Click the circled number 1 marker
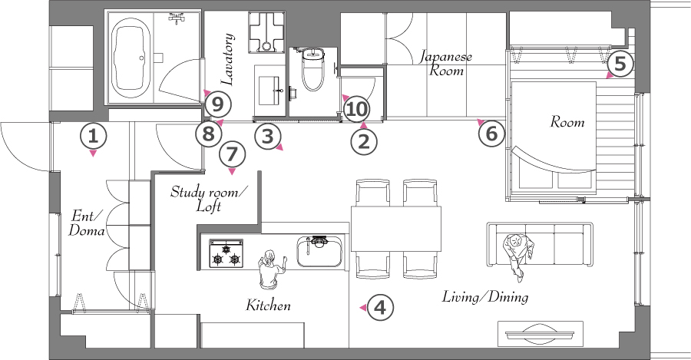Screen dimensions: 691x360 [93, 136]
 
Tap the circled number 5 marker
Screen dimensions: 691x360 [620, 64]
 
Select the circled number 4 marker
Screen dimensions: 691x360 [379, 307]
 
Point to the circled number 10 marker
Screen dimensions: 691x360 [356, 109]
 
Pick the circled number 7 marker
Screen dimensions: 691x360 [232, 154]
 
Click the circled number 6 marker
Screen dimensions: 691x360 [491, 133]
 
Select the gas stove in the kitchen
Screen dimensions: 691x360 [226, 253]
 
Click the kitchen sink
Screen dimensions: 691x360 [319, 252]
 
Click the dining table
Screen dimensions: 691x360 [396, 228]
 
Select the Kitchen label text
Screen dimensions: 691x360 [269, 305]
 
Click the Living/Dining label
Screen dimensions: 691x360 [485, 297]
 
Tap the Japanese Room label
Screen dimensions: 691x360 [445, 64]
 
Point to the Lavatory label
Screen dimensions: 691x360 [227, 59]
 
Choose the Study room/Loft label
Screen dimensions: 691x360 [210, 199]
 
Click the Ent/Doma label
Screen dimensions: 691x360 [87, 223]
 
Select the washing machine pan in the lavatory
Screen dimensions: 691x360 [266, 32]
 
